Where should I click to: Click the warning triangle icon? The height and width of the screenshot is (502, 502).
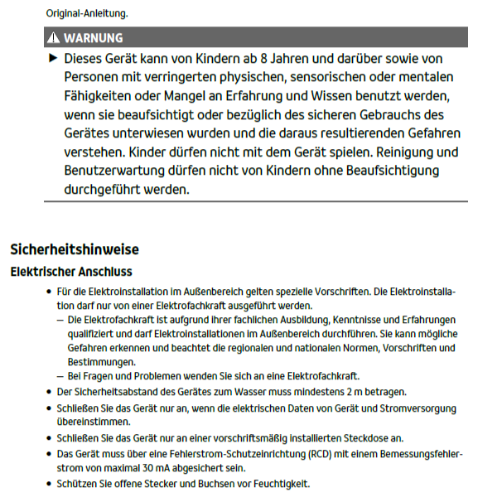(x=54, y=38)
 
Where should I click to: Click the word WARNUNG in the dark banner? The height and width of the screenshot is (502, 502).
(x=93, y=38)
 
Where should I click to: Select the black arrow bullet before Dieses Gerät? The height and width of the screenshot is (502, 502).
(x=54, y=60)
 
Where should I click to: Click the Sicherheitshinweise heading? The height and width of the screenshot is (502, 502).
(x=75, y=249)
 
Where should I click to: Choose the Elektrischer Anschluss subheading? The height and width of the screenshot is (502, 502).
(x=71, y=272)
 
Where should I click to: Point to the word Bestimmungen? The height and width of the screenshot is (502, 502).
(x=101, y=362)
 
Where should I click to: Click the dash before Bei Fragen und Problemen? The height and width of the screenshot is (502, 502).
(x=60, y=375)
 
